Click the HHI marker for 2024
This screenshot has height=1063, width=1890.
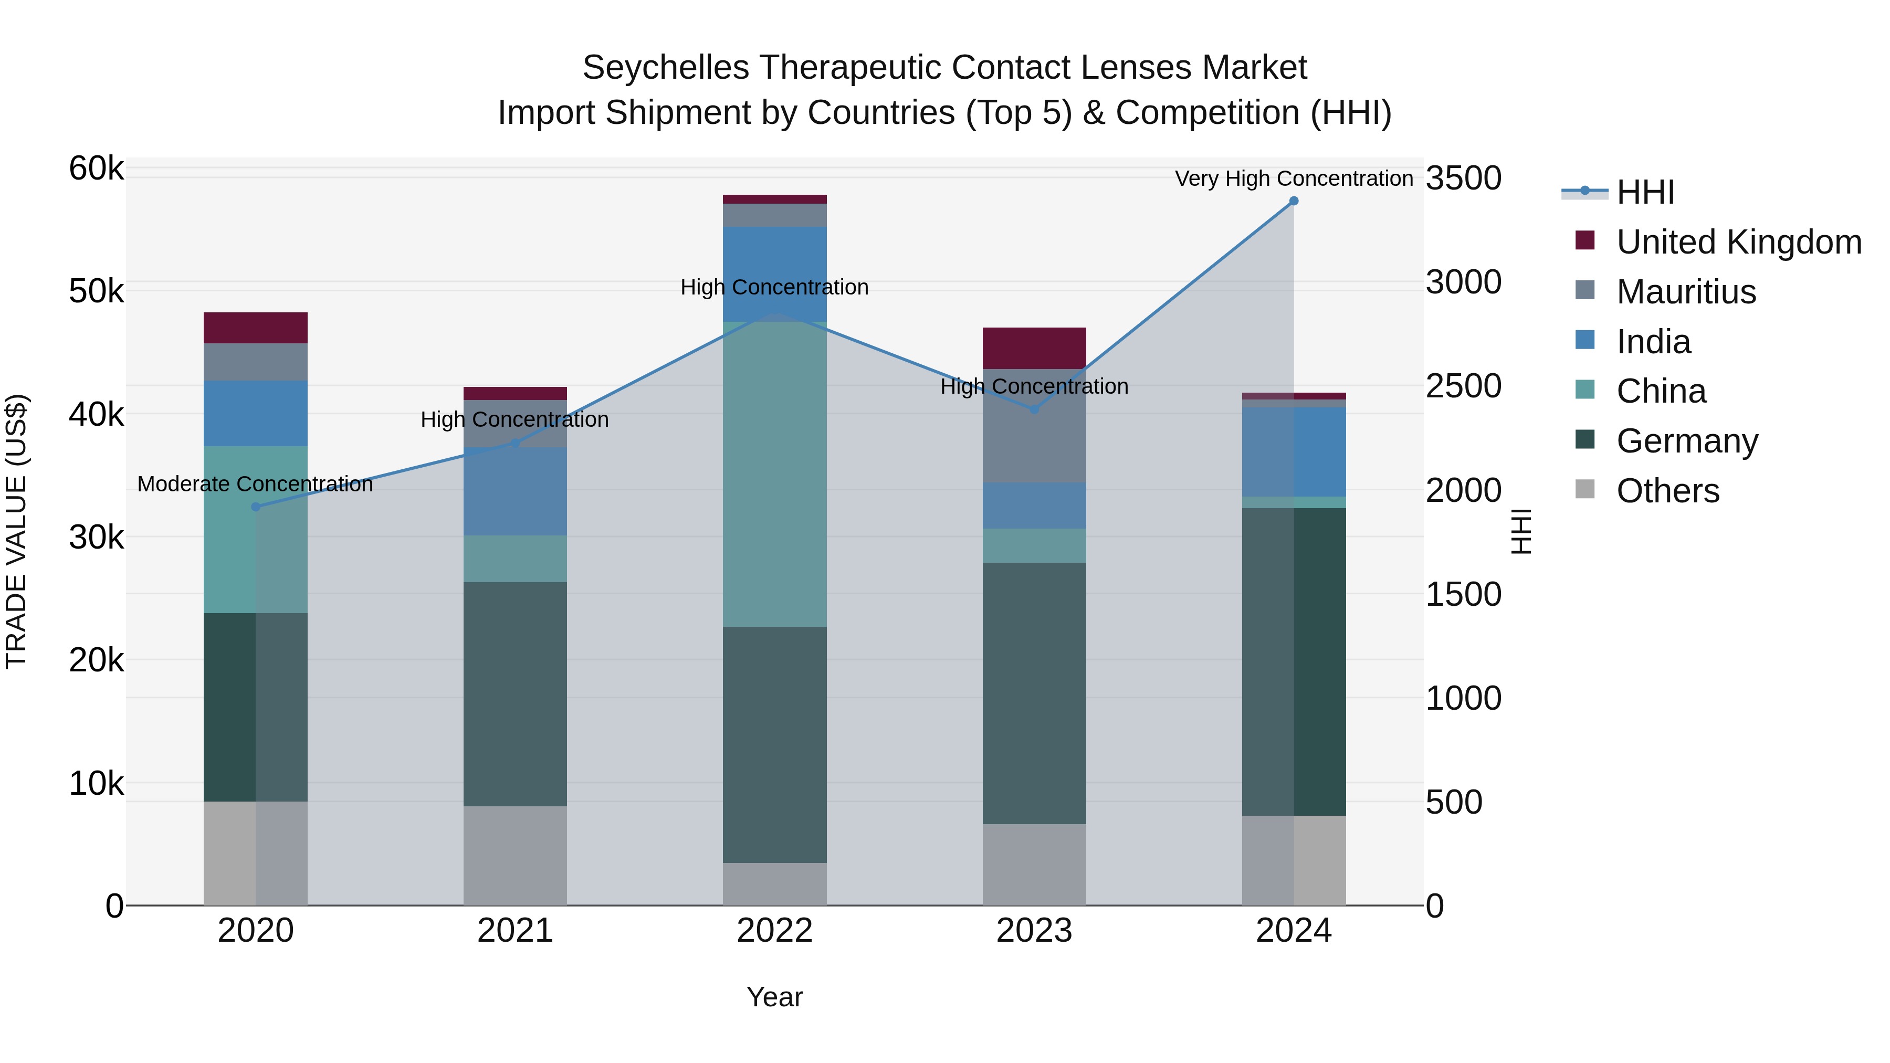(x=1294, y=201)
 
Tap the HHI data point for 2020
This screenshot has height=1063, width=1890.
(x=255, y=507)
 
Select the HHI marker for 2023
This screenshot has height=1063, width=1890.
(x=1034, y=409)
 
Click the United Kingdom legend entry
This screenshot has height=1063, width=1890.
(x=1739, y=242)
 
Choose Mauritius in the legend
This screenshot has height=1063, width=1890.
(x=1686, y=292)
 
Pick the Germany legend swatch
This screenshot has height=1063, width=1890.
(x=1585, y=440)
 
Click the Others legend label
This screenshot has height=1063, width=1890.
(x=1668, y=491)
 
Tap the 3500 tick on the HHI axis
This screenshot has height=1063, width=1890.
(x=1463, y=178)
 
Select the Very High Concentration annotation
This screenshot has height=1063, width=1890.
(x=1294, y=178)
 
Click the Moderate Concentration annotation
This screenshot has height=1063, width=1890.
(x=255, y=484)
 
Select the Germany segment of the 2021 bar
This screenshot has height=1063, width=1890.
(x=514, y=694)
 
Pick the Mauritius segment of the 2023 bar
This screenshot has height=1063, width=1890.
(x=1034, y=426)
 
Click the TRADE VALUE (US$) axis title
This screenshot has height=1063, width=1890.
(x=16, y=531)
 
